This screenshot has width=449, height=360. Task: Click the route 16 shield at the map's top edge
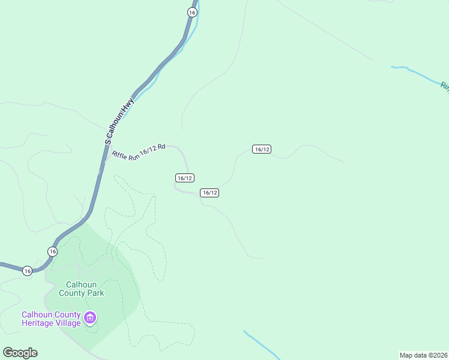(191, 12)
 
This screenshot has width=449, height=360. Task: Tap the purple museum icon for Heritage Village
(90, 317)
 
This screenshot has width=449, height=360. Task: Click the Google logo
(20, 353)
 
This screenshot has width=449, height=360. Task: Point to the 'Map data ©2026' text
(423, 355)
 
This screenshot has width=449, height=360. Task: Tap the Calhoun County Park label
(81, 289)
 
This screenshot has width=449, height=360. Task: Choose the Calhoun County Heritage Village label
(51, 319)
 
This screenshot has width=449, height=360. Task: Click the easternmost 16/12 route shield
(262, 149)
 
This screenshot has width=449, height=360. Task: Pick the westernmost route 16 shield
(27, 271)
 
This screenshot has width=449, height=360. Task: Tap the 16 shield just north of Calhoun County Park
(53, 251)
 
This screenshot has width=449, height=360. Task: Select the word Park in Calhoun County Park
(94, 293)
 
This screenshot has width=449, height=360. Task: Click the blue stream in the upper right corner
(420, 74)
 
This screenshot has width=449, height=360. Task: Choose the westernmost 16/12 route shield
(185, 178)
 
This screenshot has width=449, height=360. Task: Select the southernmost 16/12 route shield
(209, 193)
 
